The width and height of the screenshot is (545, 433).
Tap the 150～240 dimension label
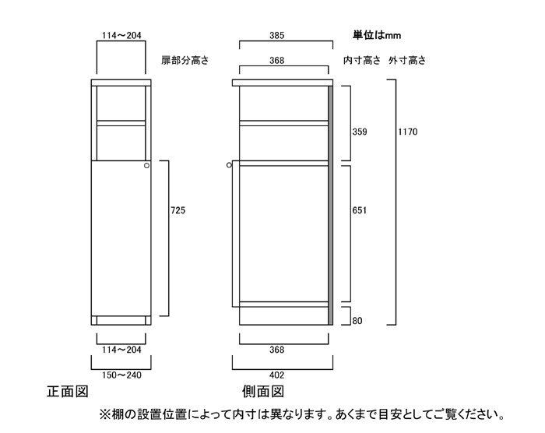(x=121, y=375)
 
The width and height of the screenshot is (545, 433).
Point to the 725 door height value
(x=178, y=210)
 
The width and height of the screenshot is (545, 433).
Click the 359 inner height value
(x=359, y=132)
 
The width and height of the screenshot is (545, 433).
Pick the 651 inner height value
(x=359, y=210)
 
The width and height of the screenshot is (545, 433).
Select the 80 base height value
(x=358, y=319)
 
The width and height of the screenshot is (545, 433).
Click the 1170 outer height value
(x=409, y=132)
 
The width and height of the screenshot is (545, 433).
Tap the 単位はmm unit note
(x=378, y=35)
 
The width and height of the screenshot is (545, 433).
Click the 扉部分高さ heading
(x=185, y=60)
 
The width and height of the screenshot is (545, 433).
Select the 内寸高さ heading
(x=361, y=60)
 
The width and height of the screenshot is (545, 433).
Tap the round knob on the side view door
(x=230, y=165)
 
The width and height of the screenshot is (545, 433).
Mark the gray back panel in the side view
(x=331, y=202)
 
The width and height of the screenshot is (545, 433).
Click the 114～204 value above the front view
(x=121, y=35)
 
